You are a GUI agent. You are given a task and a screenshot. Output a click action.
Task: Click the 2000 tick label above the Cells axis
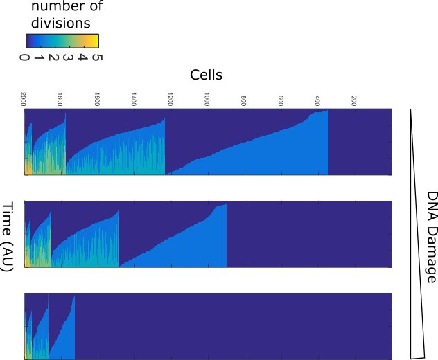24,97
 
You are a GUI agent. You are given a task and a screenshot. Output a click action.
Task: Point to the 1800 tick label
61,97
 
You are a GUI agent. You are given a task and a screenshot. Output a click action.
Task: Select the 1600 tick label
98,97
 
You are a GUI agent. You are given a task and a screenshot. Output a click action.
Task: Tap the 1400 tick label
134,97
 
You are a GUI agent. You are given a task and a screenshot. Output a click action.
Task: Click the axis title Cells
207,74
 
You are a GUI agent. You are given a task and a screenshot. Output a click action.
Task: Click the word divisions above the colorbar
61,22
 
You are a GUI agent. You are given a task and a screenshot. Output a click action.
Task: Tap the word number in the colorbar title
61,7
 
